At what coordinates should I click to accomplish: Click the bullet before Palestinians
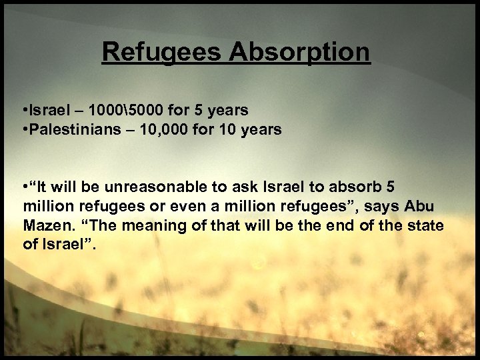coord(23,129)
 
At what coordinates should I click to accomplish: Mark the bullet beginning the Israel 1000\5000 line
coord(23,109)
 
